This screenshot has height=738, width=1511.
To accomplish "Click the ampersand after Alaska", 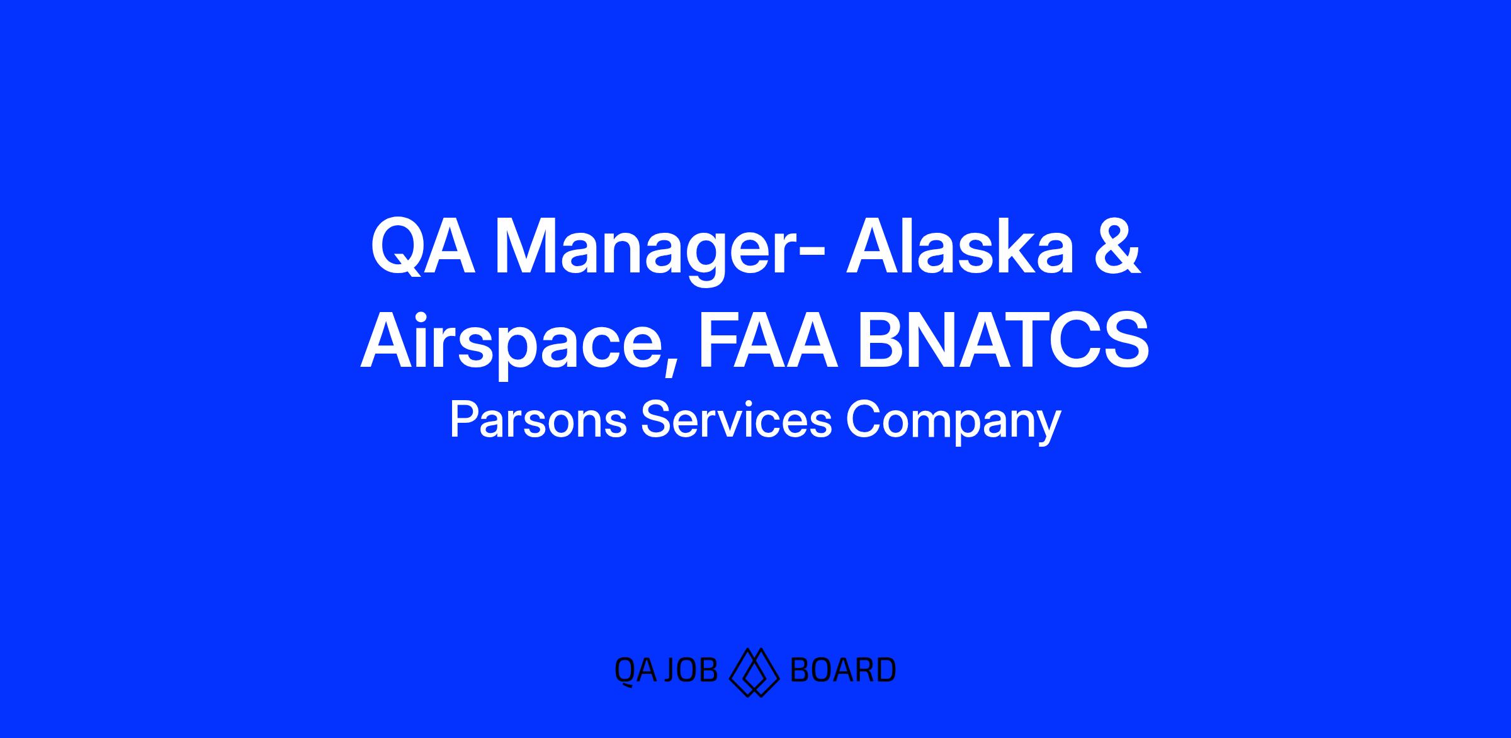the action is [1116, 247].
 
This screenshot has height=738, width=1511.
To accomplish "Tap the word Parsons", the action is [538, 420].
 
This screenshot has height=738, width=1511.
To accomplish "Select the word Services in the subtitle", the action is [736, 420].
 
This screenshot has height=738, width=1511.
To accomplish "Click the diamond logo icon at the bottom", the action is [754, 672].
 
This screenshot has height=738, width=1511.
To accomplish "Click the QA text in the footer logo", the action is [635, 671].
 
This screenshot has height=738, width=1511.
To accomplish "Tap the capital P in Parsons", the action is [463, 420].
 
